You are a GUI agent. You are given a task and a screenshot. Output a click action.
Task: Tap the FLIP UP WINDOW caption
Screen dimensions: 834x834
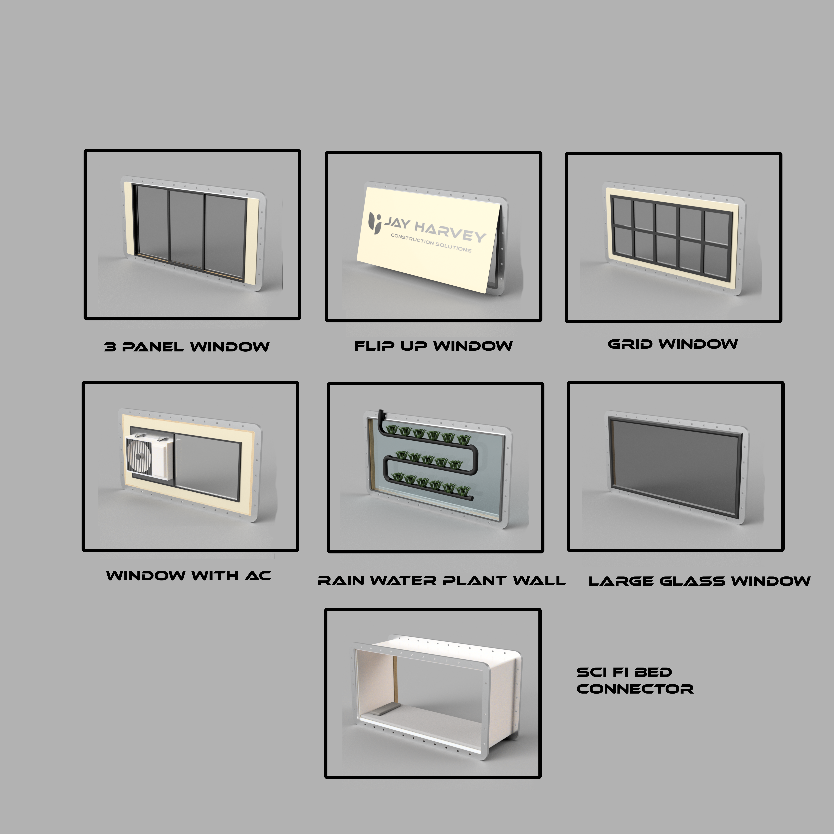coord(433,346)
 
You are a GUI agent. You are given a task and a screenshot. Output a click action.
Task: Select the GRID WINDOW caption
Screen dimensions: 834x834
coord(673,344)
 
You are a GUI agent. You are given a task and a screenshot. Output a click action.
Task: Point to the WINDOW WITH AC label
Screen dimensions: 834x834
coord(189,575)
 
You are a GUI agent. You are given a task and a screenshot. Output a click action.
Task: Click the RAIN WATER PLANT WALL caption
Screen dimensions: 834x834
coord(441,581)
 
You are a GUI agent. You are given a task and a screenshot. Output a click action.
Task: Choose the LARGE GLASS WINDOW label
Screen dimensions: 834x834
coord(699,581)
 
